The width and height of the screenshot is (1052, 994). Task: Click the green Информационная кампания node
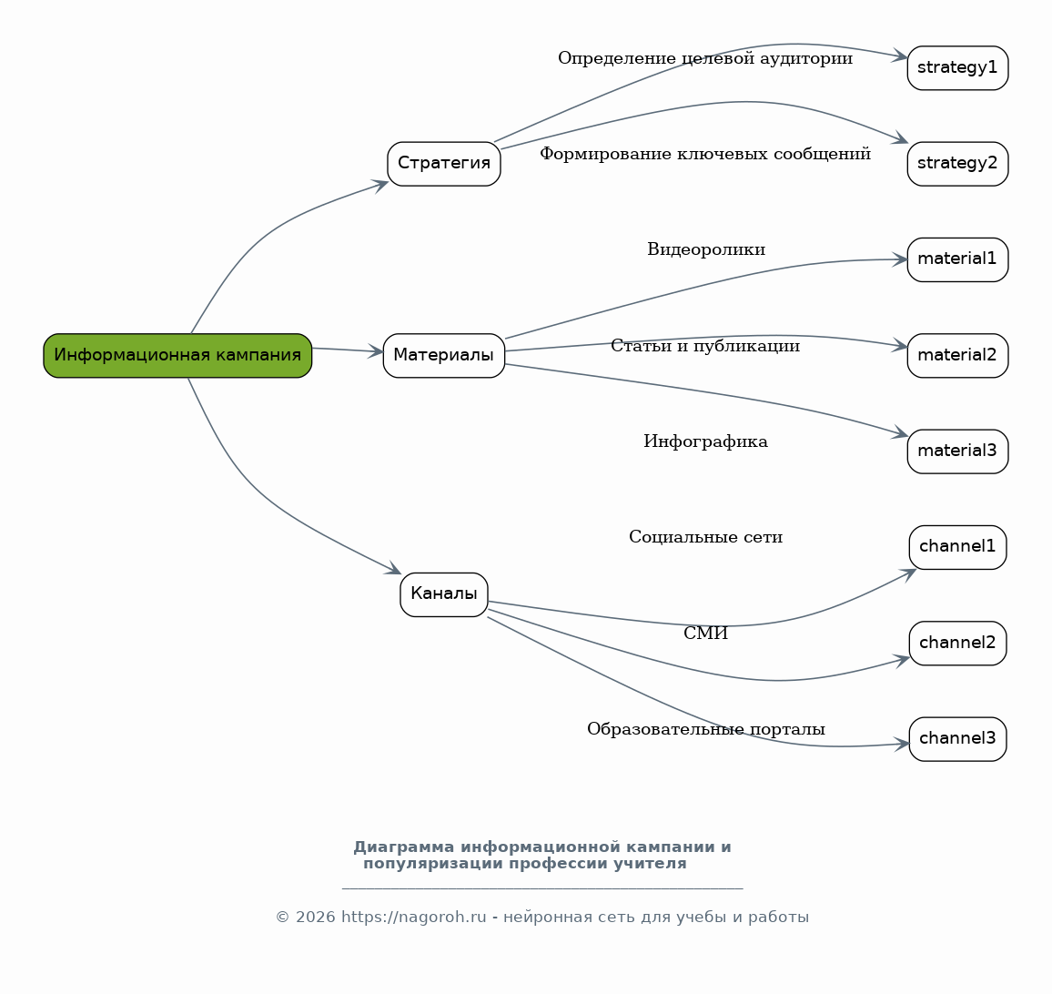point(177,355)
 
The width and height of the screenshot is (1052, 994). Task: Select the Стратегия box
point(444,163)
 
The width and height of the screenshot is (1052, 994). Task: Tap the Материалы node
point(444,355)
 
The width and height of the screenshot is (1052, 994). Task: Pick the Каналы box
point(444,594)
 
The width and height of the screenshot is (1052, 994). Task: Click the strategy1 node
point(957,67)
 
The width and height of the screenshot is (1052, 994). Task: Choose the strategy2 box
point(957,163)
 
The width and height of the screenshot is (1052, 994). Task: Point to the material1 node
point(957,259)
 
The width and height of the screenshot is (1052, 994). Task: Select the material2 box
point(957,355)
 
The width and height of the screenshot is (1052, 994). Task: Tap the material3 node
point(957,451)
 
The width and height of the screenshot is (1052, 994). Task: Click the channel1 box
point(957,547)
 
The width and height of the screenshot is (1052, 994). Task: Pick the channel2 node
point(957,643)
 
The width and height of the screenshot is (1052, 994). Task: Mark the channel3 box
point(957,739)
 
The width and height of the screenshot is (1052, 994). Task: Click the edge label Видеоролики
point(706,249)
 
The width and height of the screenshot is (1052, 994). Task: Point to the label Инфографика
point(706,441)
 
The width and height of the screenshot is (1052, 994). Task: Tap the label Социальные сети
point(706,538)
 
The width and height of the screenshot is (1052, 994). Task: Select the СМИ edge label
point(706,634)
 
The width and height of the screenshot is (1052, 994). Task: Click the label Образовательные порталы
point(706,729)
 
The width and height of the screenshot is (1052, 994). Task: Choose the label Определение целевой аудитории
point(706,59)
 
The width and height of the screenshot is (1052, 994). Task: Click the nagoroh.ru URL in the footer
point(413,917)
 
